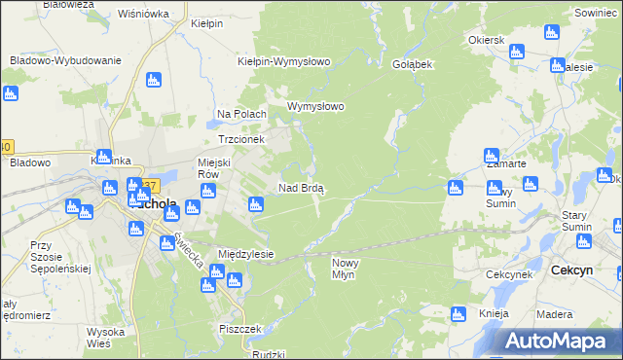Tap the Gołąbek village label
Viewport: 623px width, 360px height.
point(411,63)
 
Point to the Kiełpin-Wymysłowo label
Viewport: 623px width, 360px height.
point(284,61)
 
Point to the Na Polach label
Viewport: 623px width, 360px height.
point(241,114)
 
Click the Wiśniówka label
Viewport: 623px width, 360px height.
point(143,15)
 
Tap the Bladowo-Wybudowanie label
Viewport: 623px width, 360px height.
point(65,60)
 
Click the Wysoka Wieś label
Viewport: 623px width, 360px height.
point(105,337)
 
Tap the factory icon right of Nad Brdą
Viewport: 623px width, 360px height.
point(455,187)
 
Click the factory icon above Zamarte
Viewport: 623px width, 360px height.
point(492,155)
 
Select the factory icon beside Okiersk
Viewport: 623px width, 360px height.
point(519,52)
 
